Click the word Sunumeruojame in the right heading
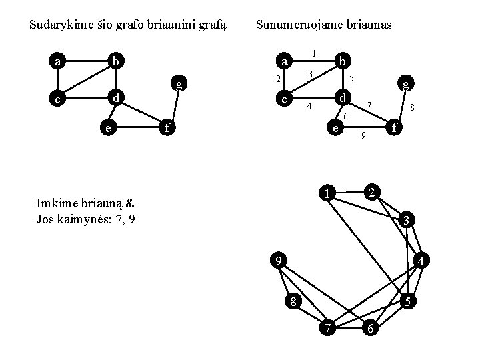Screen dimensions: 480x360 293,25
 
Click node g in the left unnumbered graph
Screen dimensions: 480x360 178,83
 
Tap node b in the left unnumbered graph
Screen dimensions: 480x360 116,62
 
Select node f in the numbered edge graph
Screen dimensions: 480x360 395,126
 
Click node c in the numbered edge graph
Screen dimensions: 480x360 285,100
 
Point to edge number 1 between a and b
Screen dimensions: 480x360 314,53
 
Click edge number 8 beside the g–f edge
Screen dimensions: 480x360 413,107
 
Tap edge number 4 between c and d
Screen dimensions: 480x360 309,107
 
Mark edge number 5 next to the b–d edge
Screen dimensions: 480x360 351,78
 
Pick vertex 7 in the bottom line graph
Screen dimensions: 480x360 327,329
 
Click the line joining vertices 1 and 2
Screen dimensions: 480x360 350,193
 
